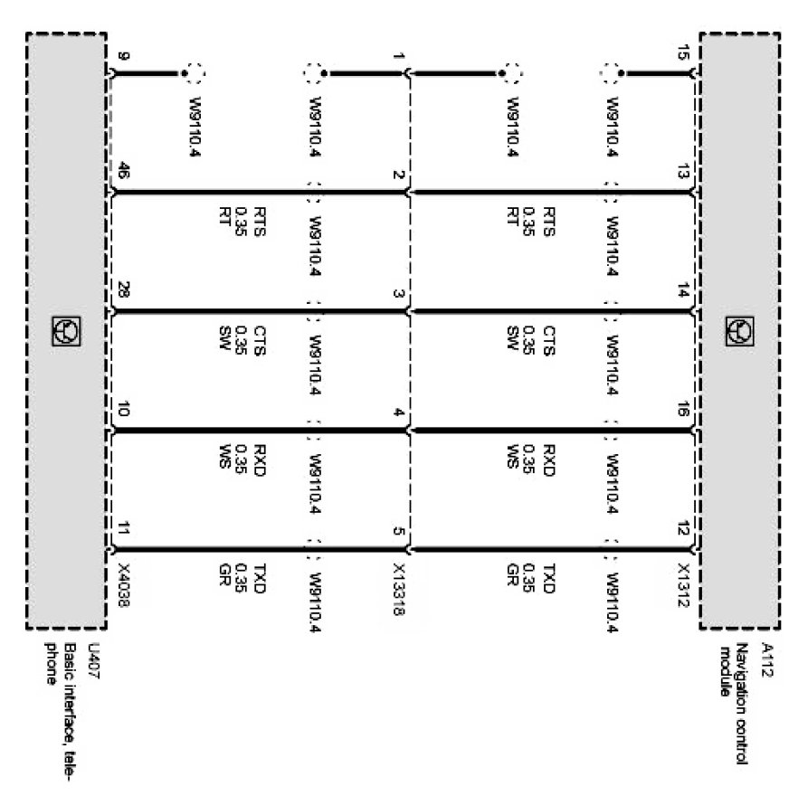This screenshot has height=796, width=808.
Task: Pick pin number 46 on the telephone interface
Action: point(123,169)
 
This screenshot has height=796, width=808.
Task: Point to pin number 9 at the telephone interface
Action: point(123,56)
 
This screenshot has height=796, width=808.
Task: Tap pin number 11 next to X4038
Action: point(123,529)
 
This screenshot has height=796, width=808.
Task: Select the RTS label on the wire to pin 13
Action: point(548,223)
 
